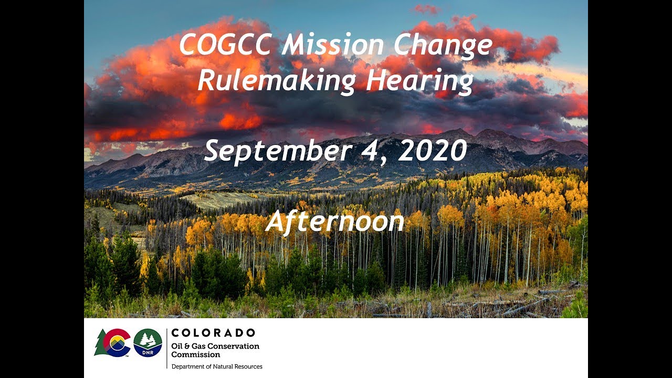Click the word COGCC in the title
[226, 46]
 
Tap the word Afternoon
[335, 222]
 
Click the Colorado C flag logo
[117, 343]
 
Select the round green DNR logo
[148, 343]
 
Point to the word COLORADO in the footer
[213, 333]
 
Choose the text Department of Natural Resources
[217, 366]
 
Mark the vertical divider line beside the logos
[166, 348]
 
